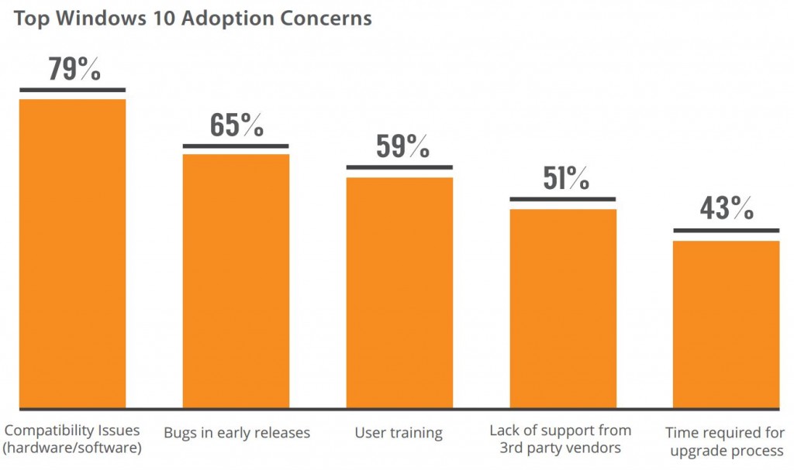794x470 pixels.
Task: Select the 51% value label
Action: (565, 178)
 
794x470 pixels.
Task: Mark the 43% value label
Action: (727, 208)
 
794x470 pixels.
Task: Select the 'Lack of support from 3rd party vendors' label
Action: (561, 439)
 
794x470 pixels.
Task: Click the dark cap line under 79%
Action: (72, 90)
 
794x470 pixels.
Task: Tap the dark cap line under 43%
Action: (726, 231)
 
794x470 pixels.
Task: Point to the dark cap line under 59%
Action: (399, 167)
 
